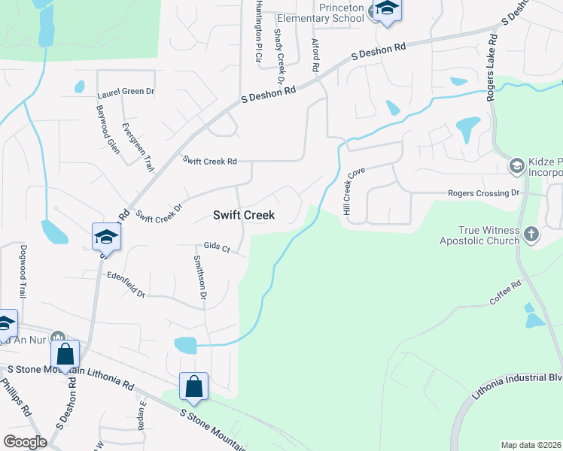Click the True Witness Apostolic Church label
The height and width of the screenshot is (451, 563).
pos(480,235)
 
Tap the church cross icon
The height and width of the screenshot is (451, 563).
pos(531,235)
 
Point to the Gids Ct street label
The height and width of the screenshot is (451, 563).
pos(216,247)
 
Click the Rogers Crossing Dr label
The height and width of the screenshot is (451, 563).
pos(484,193)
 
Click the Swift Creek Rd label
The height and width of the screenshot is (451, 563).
pos(211,161)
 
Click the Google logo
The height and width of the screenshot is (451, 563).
pos(26,441)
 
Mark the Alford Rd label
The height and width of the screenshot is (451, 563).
pos(315,56)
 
